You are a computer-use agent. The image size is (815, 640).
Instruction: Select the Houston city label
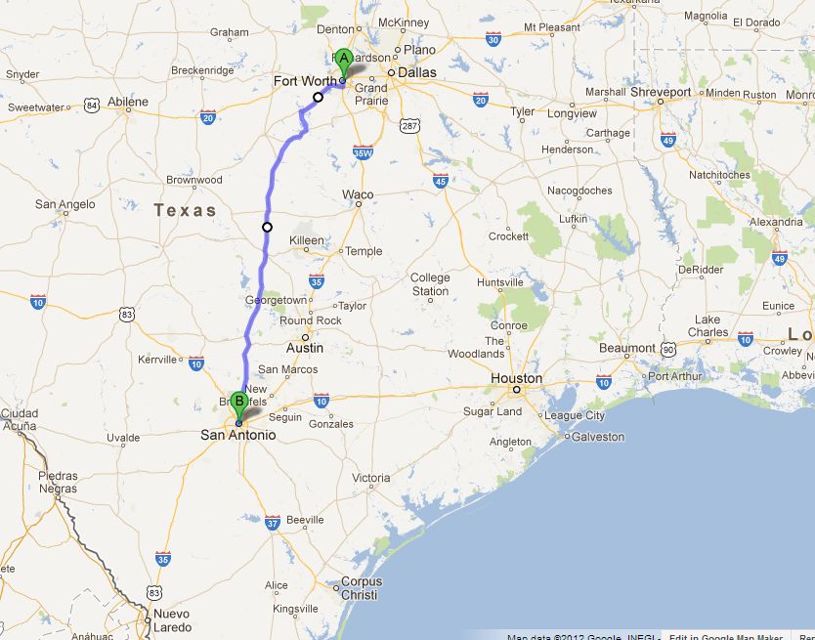517,378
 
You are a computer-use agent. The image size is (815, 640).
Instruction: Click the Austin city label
304,347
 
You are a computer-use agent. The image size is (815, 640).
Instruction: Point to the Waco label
358,194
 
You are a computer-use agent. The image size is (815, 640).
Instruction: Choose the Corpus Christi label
360,588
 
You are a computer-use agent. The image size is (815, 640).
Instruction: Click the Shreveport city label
660,92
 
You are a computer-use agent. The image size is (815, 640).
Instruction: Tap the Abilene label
128,102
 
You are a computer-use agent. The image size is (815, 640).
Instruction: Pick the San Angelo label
65,204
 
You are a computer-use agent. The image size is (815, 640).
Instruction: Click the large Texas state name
185,210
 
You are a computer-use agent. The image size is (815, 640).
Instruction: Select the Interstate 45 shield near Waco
440,181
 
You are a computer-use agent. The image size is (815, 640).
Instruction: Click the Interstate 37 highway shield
272,523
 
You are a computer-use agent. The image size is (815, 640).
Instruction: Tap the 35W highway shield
363,151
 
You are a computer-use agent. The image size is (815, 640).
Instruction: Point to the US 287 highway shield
409,125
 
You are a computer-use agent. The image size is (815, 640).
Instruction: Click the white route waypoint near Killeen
267,228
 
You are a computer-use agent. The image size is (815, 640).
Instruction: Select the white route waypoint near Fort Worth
318,97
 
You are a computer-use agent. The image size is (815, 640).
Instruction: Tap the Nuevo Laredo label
169,620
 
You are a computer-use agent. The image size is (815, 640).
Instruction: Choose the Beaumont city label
627,348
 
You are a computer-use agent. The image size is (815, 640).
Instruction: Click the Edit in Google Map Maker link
726,636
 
